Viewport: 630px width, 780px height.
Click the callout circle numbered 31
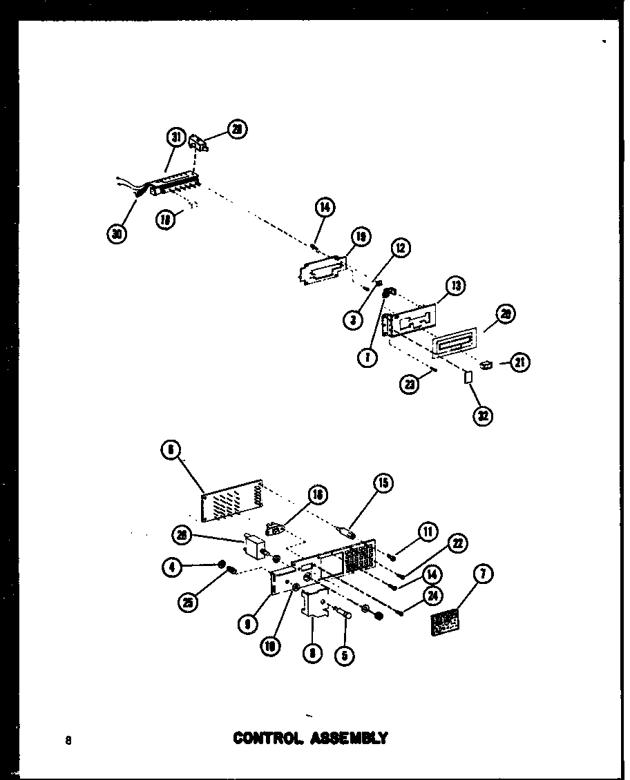[x=177, y=138]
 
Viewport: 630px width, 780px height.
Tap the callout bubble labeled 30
[x=117, y=235]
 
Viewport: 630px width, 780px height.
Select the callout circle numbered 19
[x=360, y=237]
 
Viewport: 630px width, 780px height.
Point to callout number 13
[x=455, y=285]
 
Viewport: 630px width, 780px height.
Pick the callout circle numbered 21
[x=519, y=361]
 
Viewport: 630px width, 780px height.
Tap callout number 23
[x=410, y=384]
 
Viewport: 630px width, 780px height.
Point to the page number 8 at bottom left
[x=68, y=741]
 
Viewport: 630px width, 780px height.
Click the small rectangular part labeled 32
[x=467, y=378]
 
